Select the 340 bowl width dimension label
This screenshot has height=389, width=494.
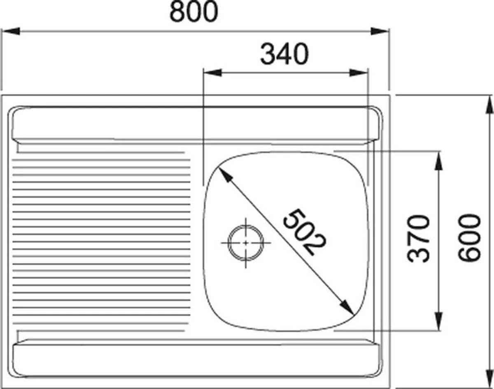coord(284,55)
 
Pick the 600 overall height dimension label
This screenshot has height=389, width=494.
coord(470,237)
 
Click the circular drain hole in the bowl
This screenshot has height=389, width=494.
coord(245,242)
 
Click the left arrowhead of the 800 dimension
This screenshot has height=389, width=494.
coord(10,31)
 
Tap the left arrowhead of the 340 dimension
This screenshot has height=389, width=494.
coord(212,73)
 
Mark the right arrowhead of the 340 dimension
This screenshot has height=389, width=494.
coord(359,73)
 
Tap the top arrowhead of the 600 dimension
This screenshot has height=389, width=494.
coord(489,104)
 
